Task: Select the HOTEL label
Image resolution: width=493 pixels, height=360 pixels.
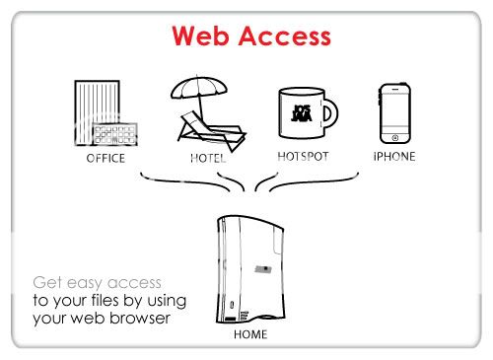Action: [x=208, y=158]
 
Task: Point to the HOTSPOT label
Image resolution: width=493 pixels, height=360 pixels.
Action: [x=304, y=156]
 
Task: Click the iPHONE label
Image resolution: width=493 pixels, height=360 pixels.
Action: [x=394, y=156]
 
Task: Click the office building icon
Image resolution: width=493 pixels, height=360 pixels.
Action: [x=98, y=113]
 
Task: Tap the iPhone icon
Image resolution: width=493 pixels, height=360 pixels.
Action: [x=394, y=112]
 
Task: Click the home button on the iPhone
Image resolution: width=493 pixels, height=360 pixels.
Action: [x=394, y=137]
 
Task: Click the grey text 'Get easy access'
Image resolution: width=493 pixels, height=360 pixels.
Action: [x=97, y=281]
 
